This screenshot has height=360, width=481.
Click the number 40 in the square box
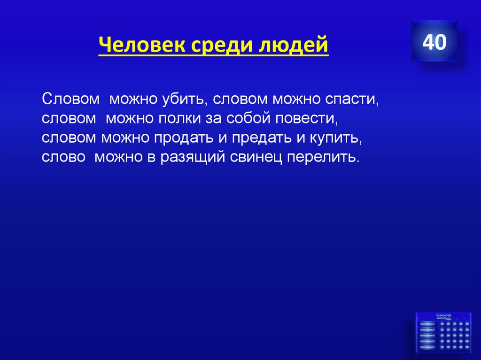click(434, 42)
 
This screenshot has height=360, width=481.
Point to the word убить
click(182, 100)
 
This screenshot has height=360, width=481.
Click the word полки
click(177, 119)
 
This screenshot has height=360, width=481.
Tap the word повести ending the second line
click(310, 119)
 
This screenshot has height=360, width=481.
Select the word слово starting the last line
click(63, 157)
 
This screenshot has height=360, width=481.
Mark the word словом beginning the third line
click(69, 138)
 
